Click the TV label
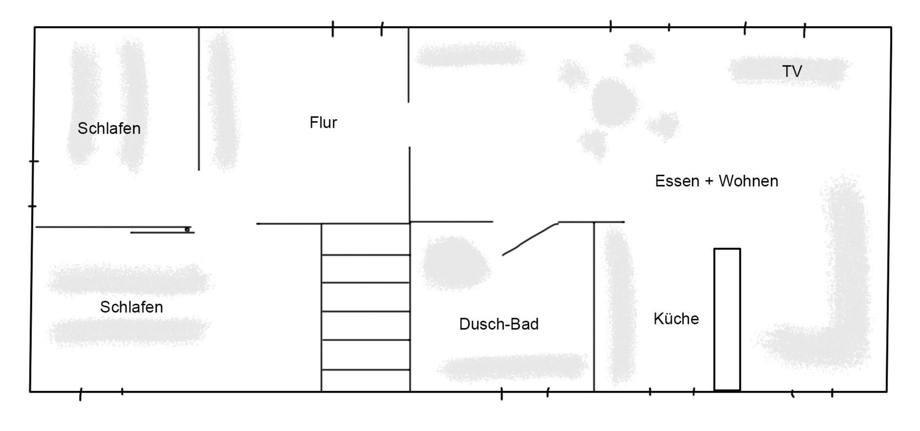792,71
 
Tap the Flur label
323,123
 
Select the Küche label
676,319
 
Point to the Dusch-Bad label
499,324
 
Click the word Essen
677,181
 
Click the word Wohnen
748,181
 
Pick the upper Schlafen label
109,128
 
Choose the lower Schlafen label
131,307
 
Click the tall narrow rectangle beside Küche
727,320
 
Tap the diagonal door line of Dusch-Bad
530,239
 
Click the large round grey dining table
614,102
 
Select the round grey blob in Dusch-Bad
455,263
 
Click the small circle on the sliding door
187,229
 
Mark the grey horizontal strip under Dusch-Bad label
513,367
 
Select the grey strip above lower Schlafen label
129,279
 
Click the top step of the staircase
366,239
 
